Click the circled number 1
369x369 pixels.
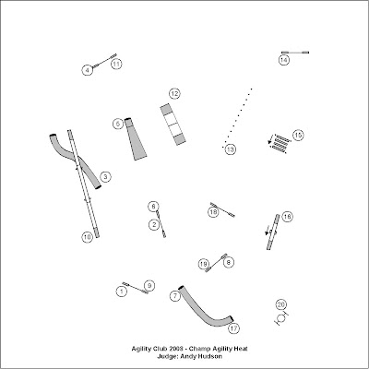(x=122, y=292)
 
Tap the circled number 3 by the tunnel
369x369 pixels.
(x=105, y=177)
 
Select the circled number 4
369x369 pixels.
(x=88, y=70)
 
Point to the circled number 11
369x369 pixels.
(x=116, y=64)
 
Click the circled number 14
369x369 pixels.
(x=284, y=60)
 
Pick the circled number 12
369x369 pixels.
(x=174, y=93)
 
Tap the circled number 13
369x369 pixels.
(x=230, y=149)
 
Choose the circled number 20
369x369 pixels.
(x=280, y=304)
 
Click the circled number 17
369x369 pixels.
(x=234, y=328)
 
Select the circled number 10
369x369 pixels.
(x=88, y=237)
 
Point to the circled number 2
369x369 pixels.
(x=154, y=224)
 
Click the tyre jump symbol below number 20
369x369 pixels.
(x=281, y=318)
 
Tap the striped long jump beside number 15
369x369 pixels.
(x=280, y=144)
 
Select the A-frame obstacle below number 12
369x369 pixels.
(x=173, y=125)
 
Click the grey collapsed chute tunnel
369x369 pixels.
(x=136, y=139)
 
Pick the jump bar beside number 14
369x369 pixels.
(x=295, y=53)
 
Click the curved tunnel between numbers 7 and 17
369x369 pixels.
(x=205, y=311)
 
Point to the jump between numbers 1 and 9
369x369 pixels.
(x=136, y=288)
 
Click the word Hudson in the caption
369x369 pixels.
(x=209, y=356)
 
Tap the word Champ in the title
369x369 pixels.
(x=200, y=349)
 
